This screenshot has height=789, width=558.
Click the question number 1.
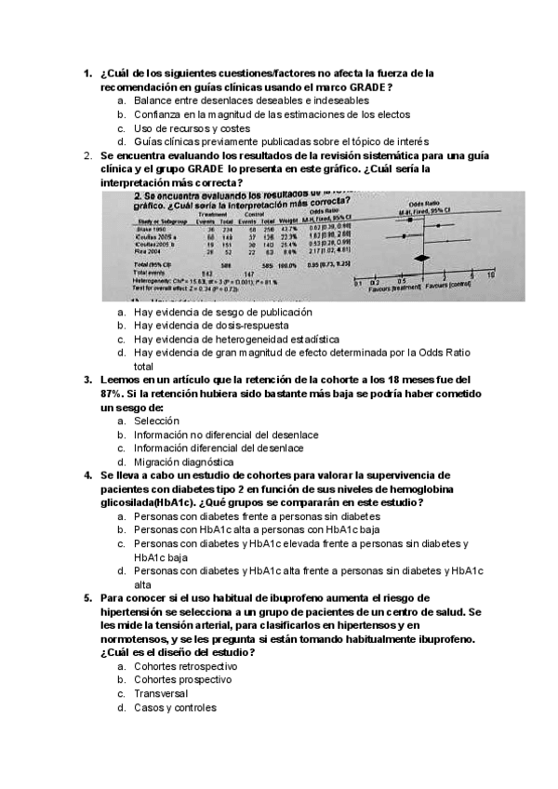pos(86,73)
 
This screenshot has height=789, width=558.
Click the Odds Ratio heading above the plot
pos(432,211)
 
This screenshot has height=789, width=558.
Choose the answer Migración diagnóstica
pos(184,461)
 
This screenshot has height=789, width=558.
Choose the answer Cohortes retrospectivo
pos(185,666)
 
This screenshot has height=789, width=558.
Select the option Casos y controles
pos(175,707)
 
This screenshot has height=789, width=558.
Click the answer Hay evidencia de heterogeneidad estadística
pos(236,340)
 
